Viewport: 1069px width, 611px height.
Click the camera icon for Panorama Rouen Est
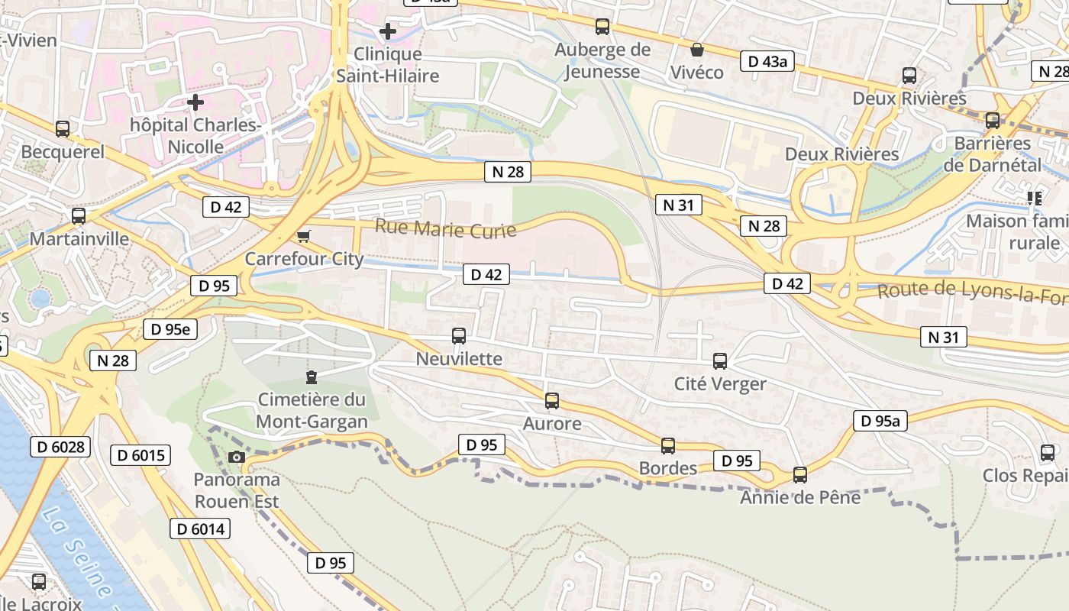[x=237, y=457]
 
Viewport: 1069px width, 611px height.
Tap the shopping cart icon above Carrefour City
[x=303, y=236]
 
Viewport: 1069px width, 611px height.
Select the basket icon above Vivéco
[x=696, y=50]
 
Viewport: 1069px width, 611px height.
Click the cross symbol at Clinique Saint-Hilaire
[x=388, y=31]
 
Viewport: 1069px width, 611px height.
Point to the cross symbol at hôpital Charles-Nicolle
[x=195, y=102]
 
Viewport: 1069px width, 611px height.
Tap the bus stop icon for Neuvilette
[x=459, y=335]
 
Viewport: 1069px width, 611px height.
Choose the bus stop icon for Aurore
[x=552, y=400]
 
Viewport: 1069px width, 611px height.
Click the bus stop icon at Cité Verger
[x=720, y=360]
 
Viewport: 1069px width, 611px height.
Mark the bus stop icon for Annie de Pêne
[x=800, y=474]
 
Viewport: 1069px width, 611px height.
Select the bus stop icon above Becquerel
[x=63, y=129]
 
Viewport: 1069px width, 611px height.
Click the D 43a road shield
[x=767, y=62]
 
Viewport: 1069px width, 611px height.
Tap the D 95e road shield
[x=170, y=329]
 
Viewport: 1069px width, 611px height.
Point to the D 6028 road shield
[x=60, y=447]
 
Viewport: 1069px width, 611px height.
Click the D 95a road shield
[x=880, y=420]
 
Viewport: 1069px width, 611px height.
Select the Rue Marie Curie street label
[x=445, y=228]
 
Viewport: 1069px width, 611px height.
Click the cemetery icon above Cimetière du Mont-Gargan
[x=311, y=377]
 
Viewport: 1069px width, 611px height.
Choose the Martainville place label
[x=79, y=239]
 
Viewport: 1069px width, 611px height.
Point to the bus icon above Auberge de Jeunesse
[x=602, y=27]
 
